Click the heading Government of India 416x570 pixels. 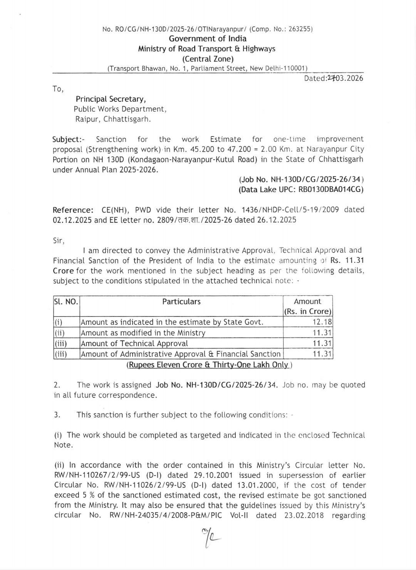208,39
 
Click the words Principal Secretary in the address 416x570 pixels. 111,99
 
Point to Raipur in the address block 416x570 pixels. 87,119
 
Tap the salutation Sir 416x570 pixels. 59,240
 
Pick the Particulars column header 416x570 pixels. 181,302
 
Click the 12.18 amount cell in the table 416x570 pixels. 322,322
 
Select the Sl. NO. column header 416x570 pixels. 66,302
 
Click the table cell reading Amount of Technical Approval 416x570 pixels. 134,343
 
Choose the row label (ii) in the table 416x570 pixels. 60,333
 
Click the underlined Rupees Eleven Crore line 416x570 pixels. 208,365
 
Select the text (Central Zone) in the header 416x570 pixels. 208,59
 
